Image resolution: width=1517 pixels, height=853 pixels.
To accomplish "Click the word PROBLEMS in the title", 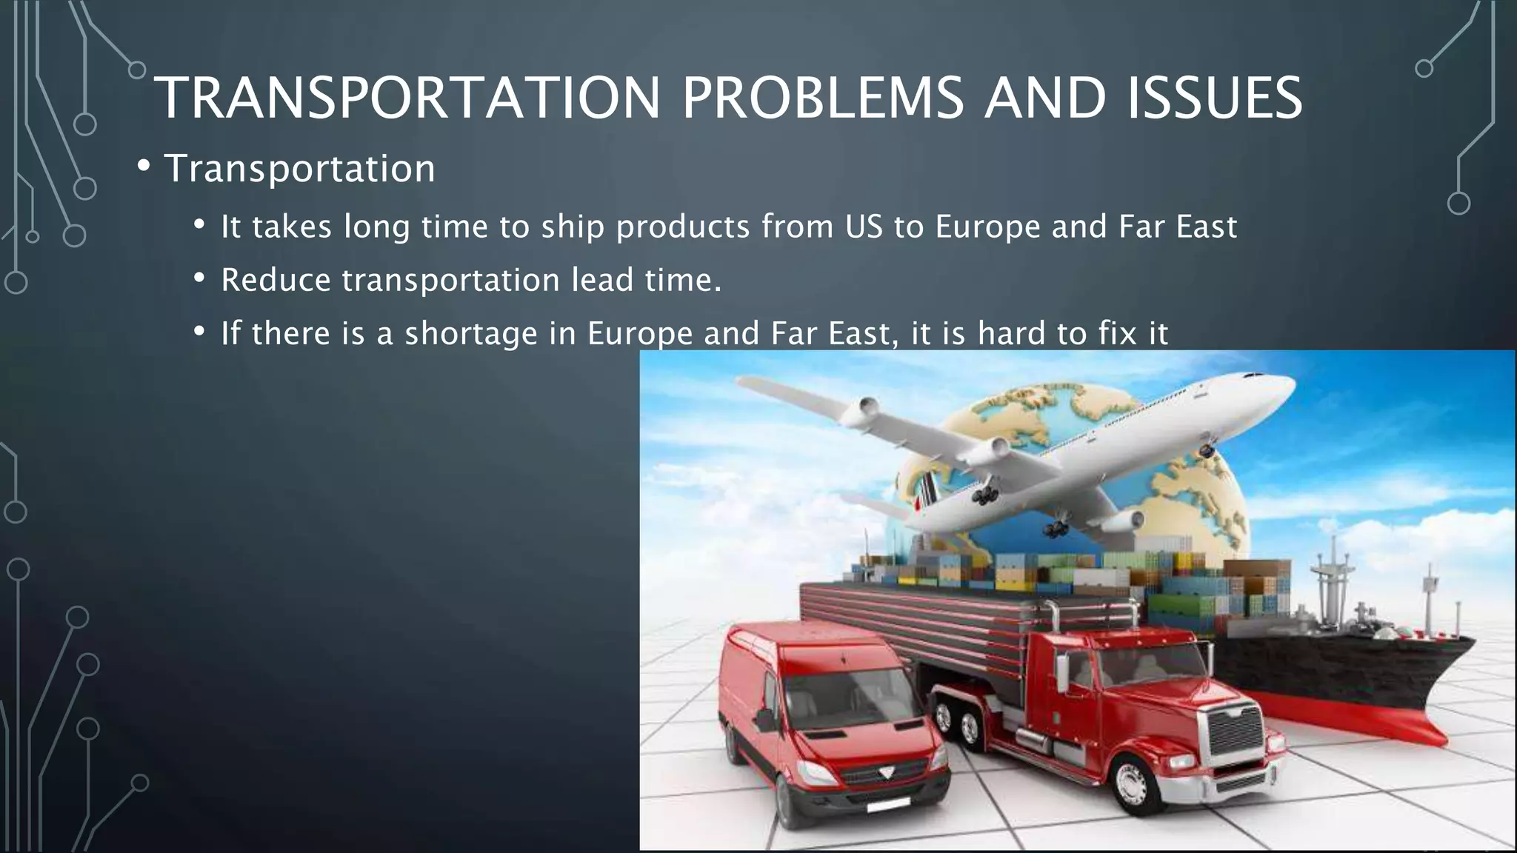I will pos(822,98).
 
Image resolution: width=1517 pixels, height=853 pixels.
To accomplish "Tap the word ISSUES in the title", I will pos(1215,98).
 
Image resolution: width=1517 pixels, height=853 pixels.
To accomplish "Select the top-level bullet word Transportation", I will pos(299,168).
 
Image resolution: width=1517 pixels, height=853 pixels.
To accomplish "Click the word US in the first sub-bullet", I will pos(864,227).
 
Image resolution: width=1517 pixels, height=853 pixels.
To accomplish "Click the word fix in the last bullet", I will pos(1118,333).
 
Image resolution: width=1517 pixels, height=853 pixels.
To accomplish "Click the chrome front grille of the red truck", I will pos(1236,729).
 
